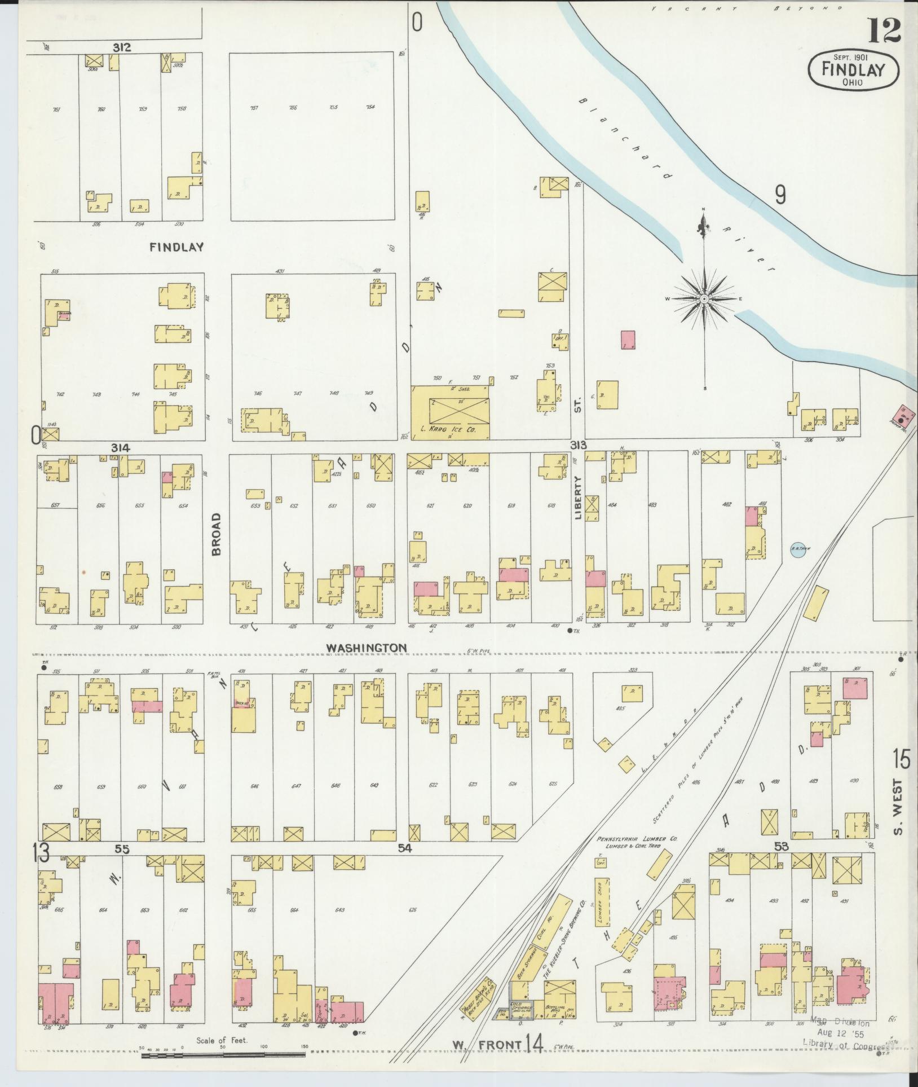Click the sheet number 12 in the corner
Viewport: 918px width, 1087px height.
884,31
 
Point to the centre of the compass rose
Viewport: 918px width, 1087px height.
704,298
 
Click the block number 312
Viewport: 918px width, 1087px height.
121,48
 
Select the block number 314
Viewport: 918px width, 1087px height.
121,448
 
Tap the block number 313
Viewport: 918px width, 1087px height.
579,444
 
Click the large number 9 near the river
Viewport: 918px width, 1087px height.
780,195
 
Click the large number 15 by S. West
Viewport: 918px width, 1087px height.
901,760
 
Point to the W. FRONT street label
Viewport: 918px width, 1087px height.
486,1045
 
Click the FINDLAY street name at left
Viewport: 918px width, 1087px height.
176,247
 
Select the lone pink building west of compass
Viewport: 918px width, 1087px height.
628,340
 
